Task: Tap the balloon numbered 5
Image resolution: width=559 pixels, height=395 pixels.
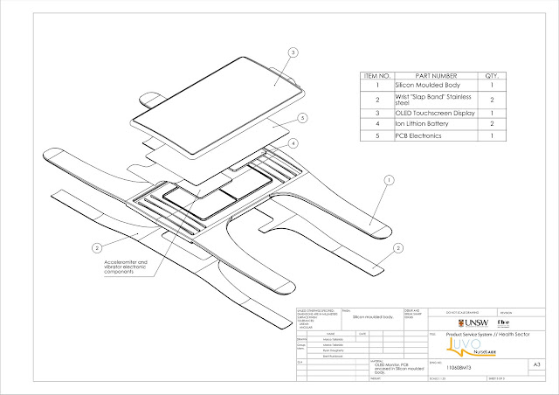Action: (x=300, y=118)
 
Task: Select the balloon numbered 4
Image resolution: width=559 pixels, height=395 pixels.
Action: (x=294, y=142)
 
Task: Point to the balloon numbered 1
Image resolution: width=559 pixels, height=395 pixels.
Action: (x=385, y=180)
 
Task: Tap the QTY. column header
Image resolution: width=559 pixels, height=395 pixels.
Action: (x=495, y=76)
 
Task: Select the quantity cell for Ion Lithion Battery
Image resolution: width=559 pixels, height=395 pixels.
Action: (x=495, y=125)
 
